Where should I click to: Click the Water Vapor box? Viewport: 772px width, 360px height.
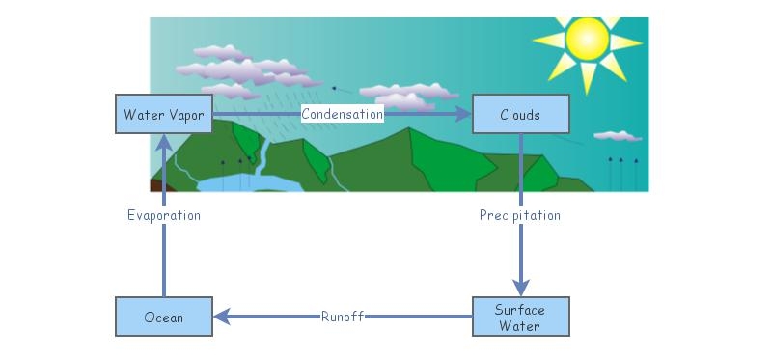coord(163,115)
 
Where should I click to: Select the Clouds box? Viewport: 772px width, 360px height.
coord(520,115)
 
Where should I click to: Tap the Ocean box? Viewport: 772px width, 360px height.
coord(163,317)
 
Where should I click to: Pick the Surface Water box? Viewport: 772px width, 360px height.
coord(520,317)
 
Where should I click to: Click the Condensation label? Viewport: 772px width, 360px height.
coord(343,114)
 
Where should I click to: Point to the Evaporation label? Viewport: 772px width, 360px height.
coord(164,215)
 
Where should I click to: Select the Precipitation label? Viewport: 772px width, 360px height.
coord(520,215)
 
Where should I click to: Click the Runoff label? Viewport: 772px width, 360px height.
coord(343,317)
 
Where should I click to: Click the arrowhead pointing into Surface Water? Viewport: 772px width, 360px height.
coord(521,288)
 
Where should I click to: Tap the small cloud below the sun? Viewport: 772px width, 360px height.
coord(617,136)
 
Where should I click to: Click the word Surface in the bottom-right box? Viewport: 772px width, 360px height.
coord(520,310)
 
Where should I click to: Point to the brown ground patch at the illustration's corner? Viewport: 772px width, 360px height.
coord(155,184)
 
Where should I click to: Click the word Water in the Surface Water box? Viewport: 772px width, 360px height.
coord(520,325)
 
